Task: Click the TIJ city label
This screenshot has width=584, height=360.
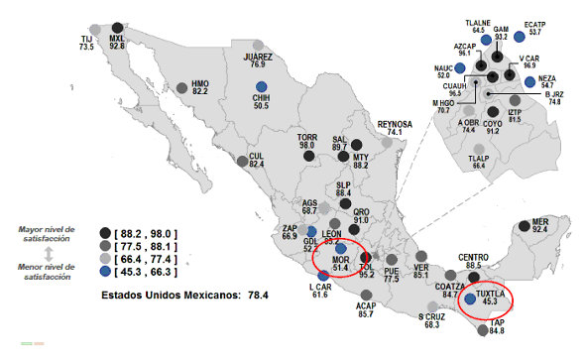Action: (86, 39)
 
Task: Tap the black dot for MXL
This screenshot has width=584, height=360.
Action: (118, 28)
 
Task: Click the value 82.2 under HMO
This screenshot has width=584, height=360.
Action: (200, 91)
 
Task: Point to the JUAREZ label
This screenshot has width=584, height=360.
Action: (258, 58)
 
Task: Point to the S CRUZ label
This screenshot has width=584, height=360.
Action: (430, 315)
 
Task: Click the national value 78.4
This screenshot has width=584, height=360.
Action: (257, 296)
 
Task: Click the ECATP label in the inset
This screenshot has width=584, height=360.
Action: (534, 24)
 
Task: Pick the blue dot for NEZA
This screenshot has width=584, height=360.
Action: (530, 81)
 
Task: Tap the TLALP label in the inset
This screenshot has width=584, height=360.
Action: (478, 158)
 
